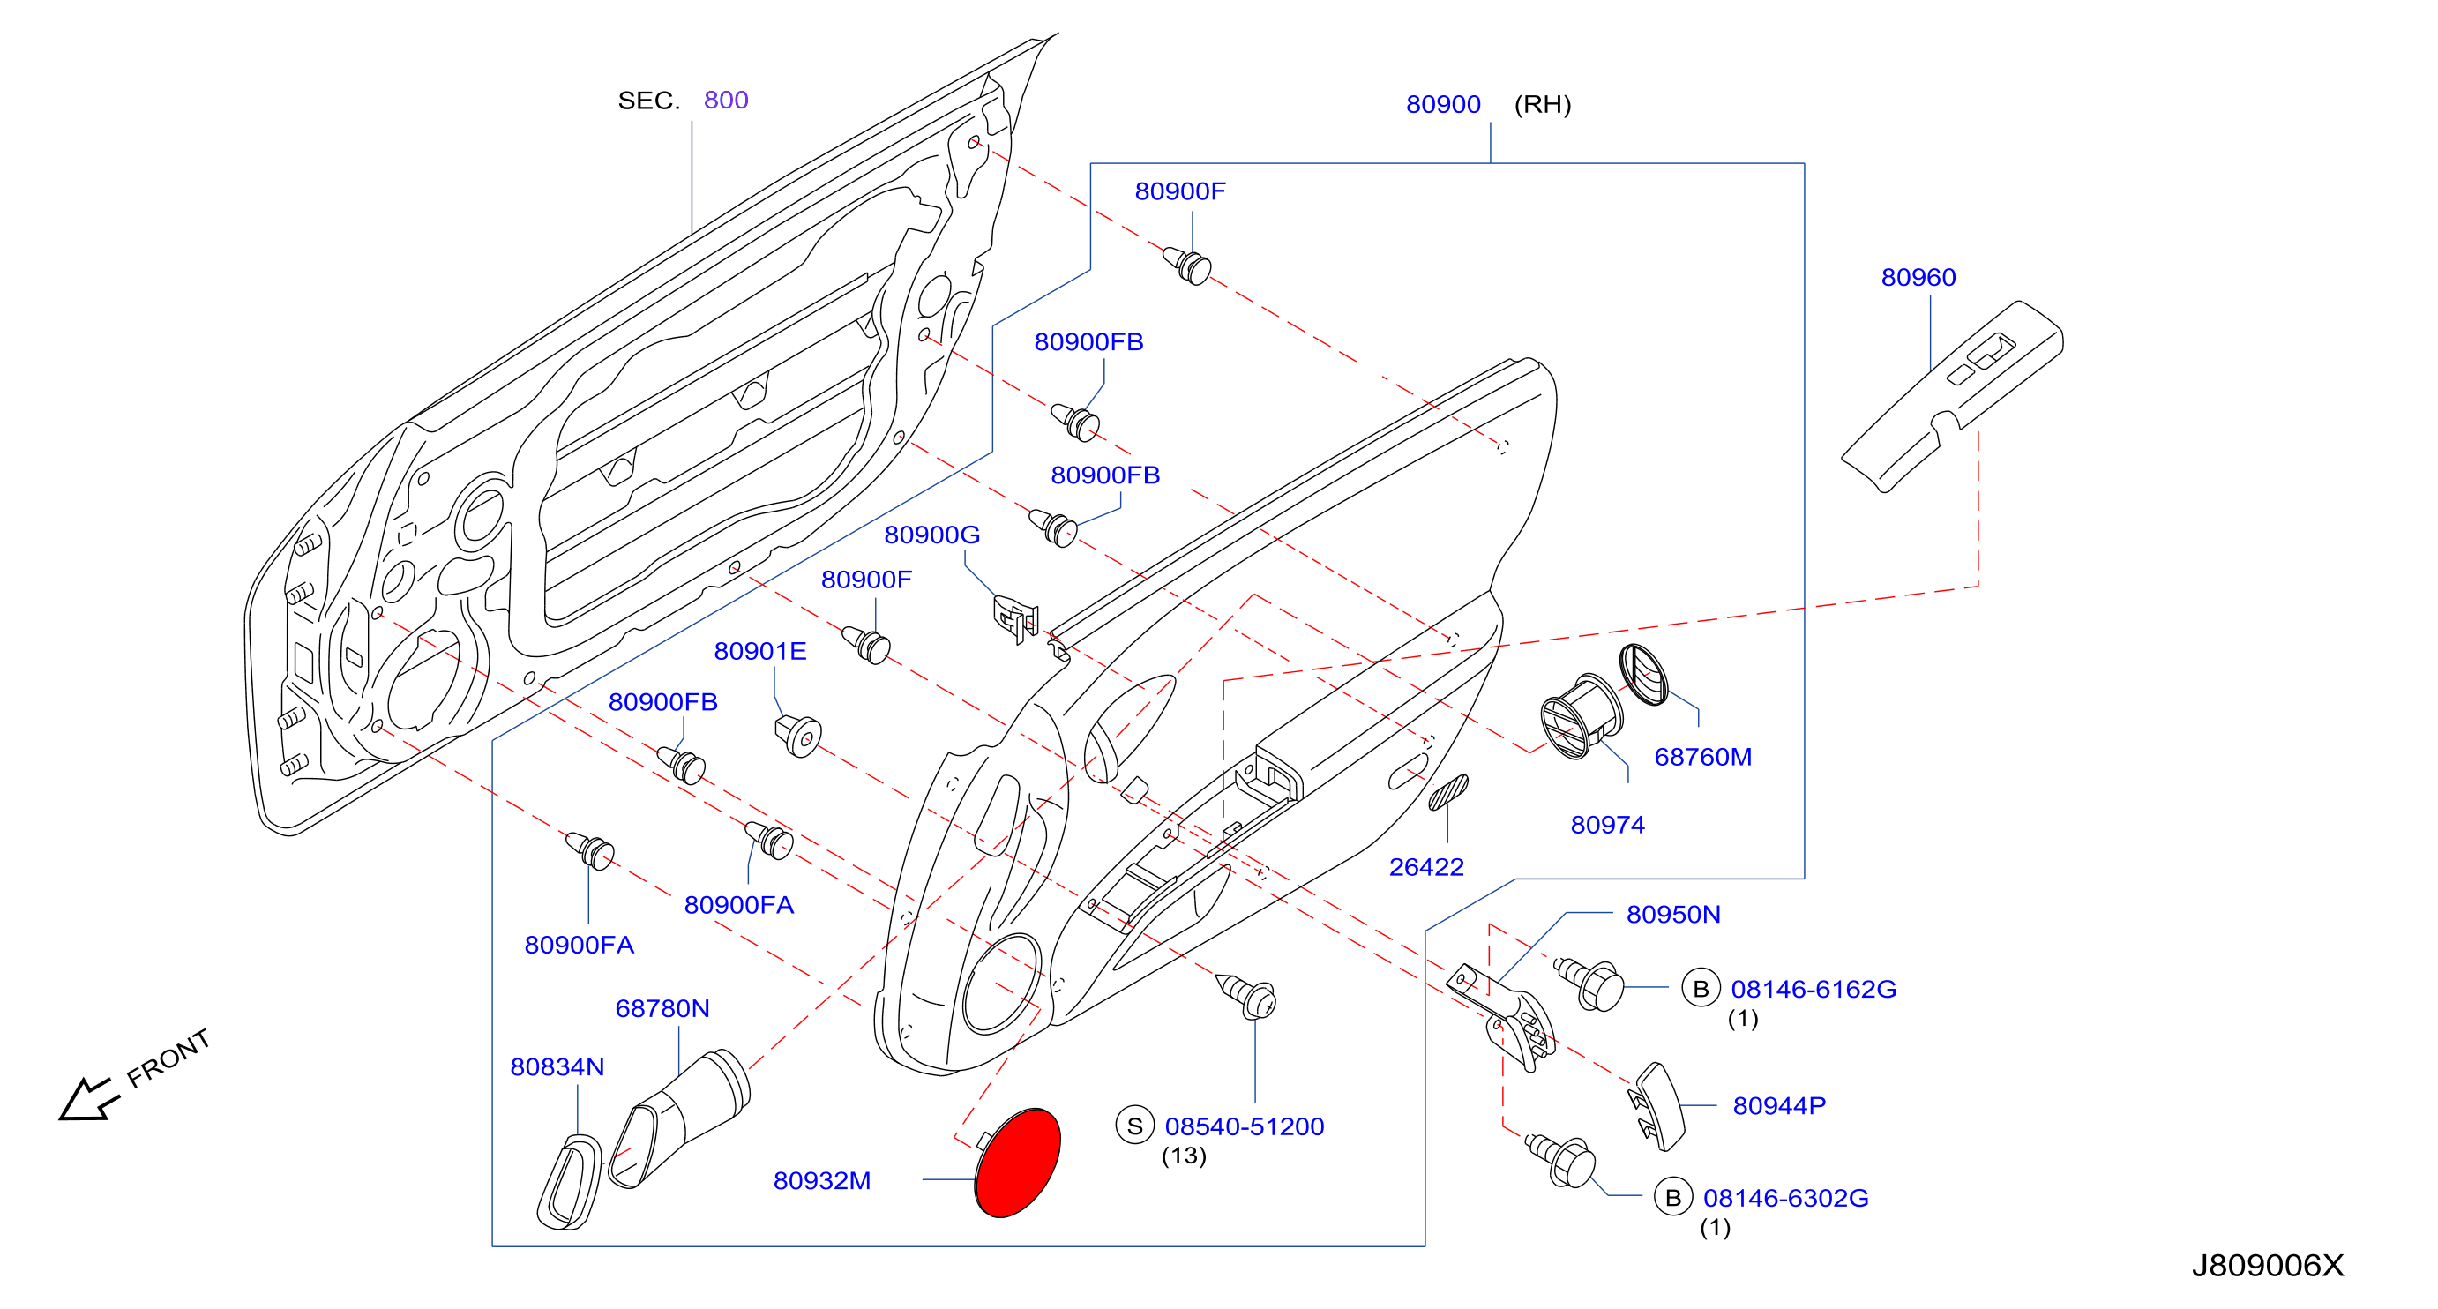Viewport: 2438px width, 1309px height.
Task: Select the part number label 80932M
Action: [821, 1180]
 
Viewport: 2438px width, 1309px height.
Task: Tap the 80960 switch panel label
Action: [1918, 277]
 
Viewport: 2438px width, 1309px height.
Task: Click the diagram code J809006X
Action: [2268, 1266]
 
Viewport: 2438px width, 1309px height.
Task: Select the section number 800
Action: [726, 101]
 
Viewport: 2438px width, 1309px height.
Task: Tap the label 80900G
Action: [931, 535]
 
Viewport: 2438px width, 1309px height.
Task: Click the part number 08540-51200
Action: [1245, 1126]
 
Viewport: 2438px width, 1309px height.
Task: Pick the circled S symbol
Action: [1135, 1126]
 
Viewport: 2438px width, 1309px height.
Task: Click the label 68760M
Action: [1702, 757]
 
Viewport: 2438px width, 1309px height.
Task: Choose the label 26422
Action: [1426, 867]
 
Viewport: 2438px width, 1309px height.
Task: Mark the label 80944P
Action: [1779, 1105]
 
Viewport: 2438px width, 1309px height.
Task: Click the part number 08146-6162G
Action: [1814, 989]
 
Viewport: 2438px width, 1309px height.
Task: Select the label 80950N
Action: [1673, 915]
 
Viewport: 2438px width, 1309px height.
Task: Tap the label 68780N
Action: [662, 1008]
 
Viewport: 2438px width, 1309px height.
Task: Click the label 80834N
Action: [557, 1066]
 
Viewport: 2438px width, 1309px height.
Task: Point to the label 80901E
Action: [760, 651]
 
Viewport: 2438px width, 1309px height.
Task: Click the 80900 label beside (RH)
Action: [1443, 104]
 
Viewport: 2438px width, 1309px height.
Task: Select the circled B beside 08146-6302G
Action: [1673, 1197]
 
